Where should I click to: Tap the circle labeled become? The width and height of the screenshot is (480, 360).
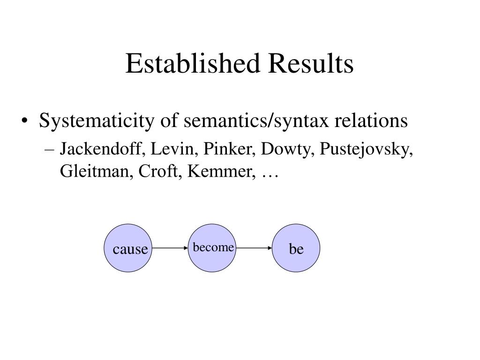point(213,247)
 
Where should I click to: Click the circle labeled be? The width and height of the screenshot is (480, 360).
point(296,248)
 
